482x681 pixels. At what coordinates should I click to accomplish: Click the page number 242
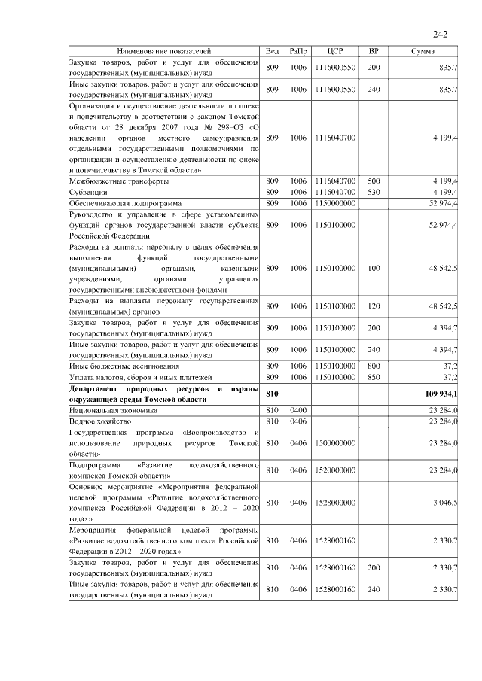pos(441,34)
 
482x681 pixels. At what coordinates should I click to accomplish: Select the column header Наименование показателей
pos(164,51)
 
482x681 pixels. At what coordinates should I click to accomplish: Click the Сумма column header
pos(426,51)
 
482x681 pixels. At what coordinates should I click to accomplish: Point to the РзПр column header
pos(298,51)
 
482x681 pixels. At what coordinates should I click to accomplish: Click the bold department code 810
pos(272,394)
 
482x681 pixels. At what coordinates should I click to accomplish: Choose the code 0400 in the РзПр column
pos(298,410)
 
